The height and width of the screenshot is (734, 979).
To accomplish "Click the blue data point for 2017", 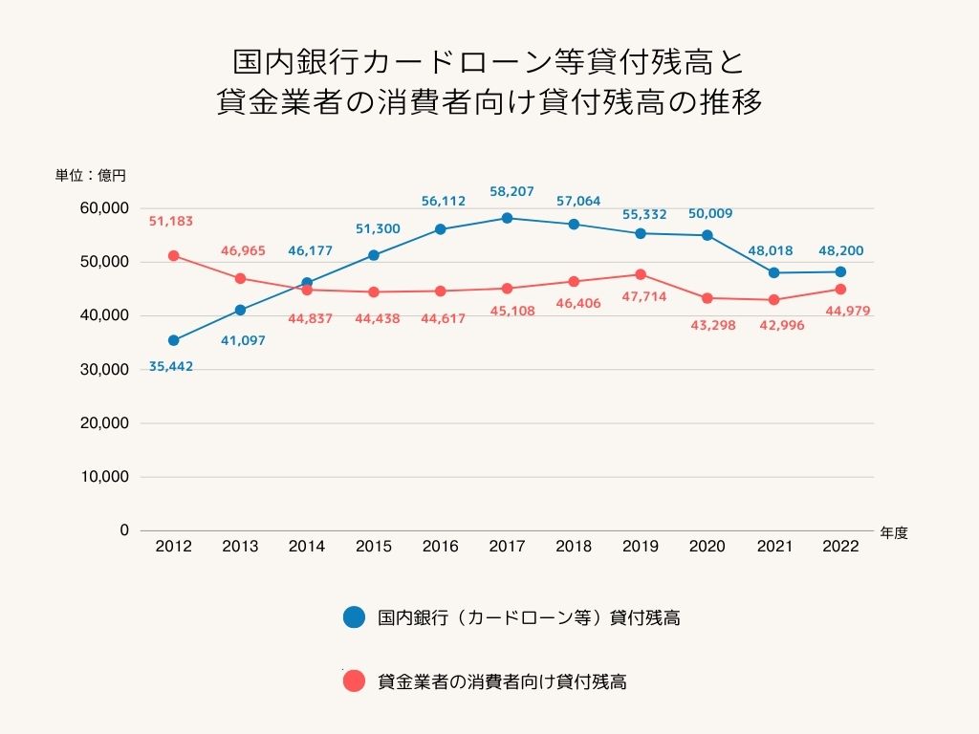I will [x=507, y=218].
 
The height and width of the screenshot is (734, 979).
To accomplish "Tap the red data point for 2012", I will [x=173, y=255].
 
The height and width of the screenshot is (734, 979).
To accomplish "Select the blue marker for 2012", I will [x=173, y=340].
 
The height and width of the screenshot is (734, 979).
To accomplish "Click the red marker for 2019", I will [x=641, y=274].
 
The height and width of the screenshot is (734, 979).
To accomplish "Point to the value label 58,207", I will [x=507, y=191].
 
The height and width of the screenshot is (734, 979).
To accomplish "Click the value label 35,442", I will [x=171, y=366].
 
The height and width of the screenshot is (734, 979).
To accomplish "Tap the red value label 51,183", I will [x=171, y=221].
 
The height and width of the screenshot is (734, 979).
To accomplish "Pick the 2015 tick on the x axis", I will [x=373, y=547].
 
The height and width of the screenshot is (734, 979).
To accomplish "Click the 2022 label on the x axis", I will [x=840, y=547].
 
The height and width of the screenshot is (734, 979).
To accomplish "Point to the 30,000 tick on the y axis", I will [x=105, y=369].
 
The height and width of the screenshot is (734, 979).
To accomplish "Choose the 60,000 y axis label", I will [x=105, y=208].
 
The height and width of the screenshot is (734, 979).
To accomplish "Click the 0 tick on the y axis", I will [x=123, y=530].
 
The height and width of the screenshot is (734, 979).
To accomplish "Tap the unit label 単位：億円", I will [x=90, y=175].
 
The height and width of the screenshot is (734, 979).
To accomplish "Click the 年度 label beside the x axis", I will [x=894, y=533].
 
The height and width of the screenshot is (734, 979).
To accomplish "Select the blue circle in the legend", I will [x=354, y=617].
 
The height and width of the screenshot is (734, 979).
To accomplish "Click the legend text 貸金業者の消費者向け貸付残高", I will [x=502, y=682].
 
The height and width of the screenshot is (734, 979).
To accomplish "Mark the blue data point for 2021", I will [x=773, y=272].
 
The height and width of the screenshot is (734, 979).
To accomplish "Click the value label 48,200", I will [x=840, y=250].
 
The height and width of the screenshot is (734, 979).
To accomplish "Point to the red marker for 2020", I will [x=707, y=298].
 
